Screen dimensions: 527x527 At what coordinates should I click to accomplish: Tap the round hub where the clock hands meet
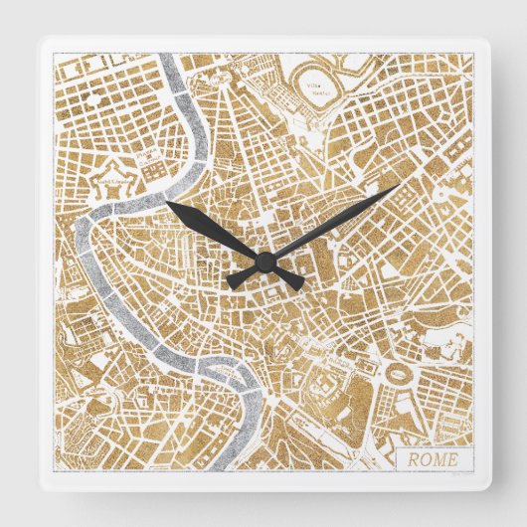(264, 262)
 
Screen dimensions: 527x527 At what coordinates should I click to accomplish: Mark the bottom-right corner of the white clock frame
(490, 489)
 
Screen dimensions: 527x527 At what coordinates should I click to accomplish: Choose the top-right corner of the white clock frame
(490, 39)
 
